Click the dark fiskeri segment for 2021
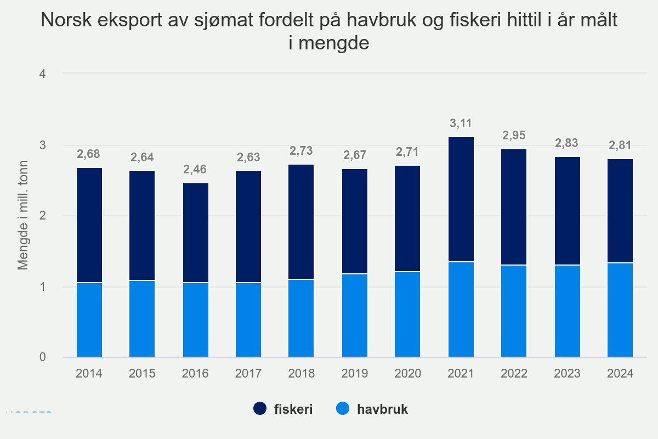pos(461,199)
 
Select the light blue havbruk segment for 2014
pos(89,320)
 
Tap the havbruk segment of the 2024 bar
pos(620,310)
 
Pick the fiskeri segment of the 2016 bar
pos(195,233)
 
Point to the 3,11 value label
pos(461,123)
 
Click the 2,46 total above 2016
pos(195,169)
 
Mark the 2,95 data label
pos(514,135)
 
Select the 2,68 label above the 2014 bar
pos(89,154)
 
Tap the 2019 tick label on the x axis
pos(355,374)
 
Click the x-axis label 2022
pos(514,374)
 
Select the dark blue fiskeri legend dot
pos(259,409)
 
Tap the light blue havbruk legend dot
pos(343,409)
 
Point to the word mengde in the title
pos(329,43)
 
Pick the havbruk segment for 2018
pos(302,318)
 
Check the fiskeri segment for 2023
pos(568,211)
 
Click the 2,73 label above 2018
pos(302,150)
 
